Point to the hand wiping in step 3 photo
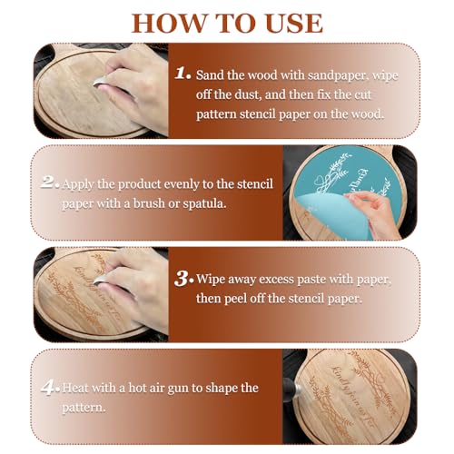[136, 272]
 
